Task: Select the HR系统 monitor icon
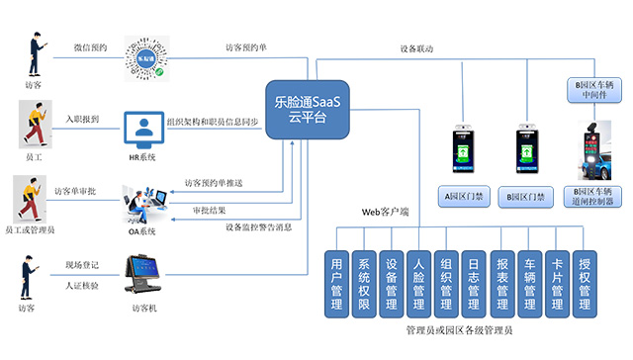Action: click(x=142, y=128)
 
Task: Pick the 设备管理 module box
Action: click(x=392, y=284)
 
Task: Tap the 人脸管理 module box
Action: click(x=419, y=284)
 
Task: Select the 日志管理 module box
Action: click(x=474, y=284)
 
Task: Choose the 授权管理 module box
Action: click(x=585, y=284)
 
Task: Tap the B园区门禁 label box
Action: click(x=523, y=196)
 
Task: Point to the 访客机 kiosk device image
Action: click(x=143, y=277)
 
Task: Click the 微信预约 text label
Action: click(x=90, y=46)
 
